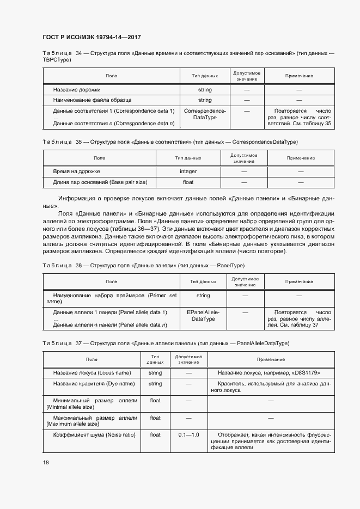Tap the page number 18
[45, 462]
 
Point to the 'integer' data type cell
[188, 171]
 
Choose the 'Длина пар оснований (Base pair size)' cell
[100, 182]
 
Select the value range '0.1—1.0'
[188, 435]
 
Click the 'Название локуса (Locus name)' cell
[91, 373]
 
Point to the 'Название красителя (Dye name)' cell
[93, 384]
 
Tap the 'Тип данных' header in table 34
[205, 76]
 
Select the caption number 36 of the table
[78, 265]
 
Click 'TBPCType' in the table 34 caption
[57, 59]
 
